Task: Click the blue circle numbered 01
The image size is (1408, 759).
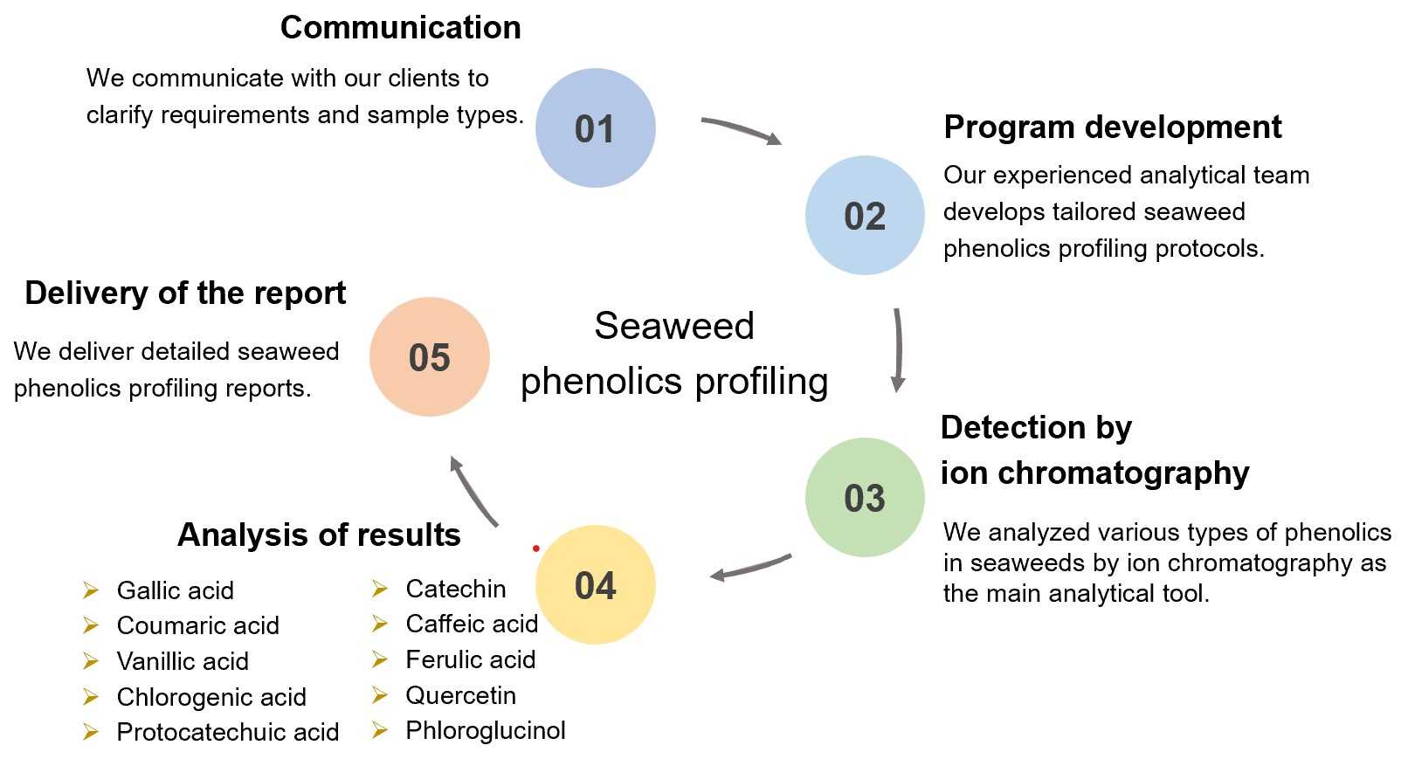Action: click(595, 128)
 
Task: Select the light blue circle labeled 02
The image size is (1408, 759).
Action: click(865, 216)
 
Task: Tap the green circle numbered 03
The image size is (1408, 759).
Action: click(865, 498)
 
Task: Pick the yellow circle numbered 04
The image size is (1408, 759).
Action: click(595, 585)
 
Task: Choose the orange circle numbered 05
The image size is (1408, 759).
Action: click(429, 357)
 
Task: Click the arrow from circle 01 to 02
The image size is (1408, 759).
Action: click(741, 130)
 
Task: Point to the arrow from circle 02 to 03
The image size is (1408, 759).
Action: click(897, 349)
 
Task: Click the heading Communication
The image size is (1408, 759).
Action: click(400, 28)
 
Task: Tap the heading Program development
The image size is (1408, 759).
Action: click(1112, 128)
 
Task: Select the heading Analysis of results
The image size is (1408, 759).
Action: click(319, 535)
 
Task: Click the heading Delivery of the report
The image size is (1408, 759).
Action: click(185, 293)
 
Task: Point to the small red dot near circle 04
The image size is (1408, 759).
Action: click(536, 549)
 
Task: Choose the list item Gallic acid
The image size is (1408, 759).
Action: click(175, 591)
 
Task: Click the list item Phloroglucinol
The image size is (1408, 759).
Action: click(485, 731)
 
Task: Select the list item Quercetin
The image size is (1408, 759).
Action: click(460, 696)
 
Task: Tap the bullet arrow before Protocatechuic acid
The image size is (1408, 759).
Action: click(91, 732)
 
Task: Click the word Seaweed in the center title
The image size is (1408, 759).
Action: click(673, 327)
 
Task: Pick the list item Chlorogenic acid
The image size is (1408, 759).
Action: click(211, 698)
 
